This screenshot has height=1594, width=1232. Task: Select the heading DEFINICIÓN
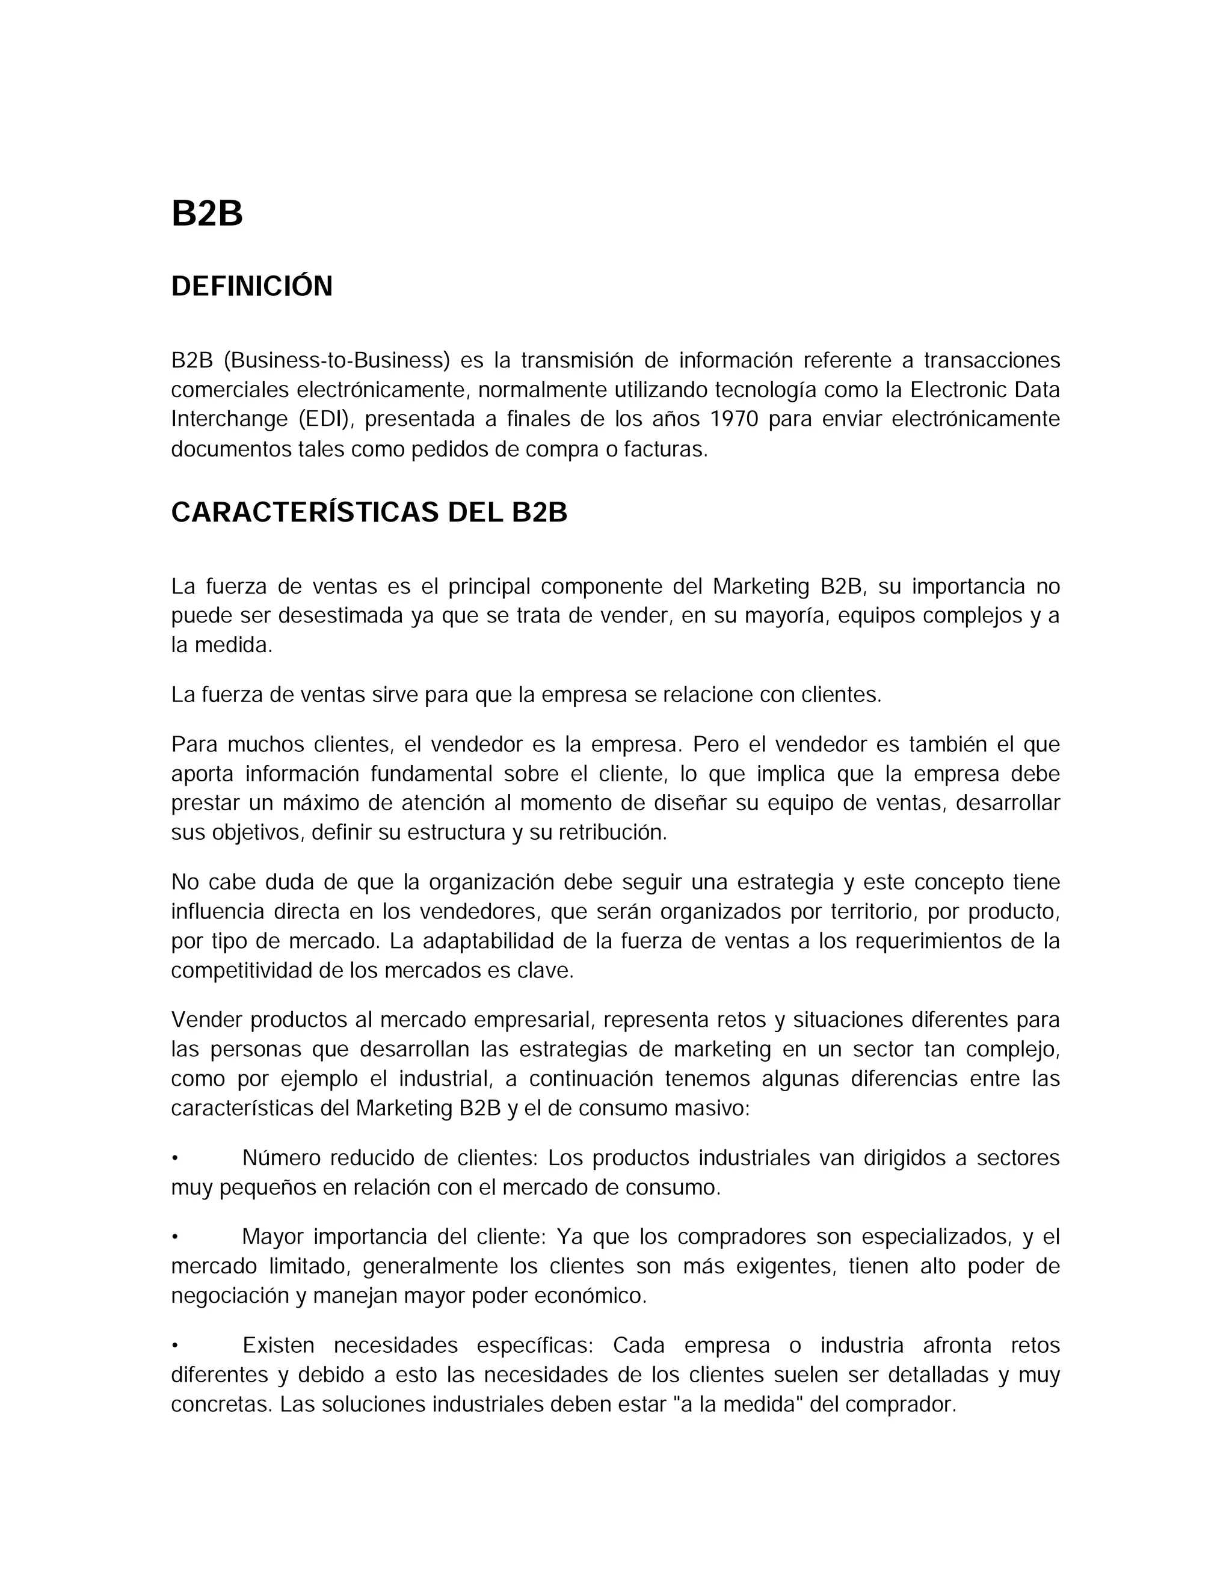(252, 286)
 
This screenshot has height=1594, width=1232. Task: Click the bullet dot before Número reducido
(175, 1159)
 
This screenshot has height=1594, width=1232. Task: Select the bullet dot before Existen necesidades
(175, 1345)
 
